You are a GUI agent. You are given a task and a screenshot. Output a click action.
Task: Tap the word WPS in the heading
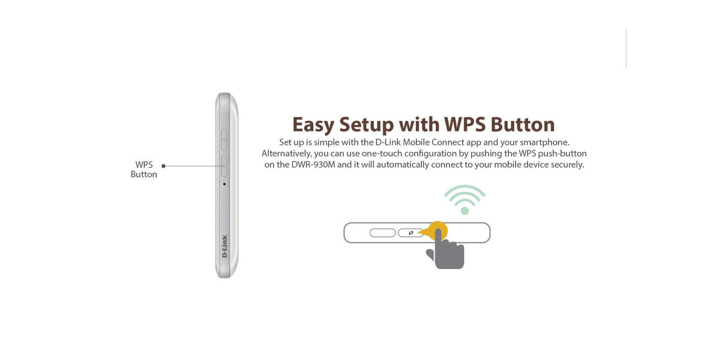[464, 124]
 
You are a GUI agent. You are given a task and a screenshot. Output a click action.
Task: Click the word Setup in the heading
[366, 125]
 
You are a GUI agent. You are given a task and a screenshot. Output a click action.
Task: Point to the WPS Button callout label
[144, 169]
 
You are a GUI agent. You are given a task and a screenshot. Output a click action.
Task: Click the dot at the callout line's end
[164, 166]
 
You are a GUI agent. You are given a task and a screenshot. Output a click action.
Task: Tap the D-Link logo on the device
[225, 246]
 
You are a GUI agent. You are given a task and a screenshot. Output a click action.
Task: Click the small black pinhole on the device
[224, 184]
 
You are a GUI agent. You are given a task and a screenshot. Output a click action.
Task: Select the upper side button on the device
[224, 139]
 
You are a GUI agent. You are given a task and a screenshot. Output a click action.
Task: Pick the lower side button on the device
[224, 166]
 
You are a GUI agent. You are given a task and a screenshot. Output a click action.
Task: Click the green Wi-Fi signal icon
[465, 199]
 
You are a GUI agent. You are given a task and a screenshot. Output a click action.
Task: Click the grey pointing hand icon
[446, 249]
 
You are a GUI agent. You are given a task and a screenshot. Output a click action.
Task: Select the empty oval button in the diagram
[382, 233]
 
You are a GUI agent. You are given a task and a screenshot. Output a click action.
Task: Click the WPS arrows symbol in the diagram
[411, 233]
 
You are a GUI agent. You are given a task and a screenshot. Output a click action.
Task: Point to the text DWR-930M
[313, 165]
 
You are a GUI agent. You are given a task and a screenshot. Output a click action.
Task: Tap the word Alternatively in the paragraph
[287, 153]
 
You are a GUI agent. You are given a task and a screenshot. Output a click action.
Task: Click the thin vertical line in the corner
[626, 48]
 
